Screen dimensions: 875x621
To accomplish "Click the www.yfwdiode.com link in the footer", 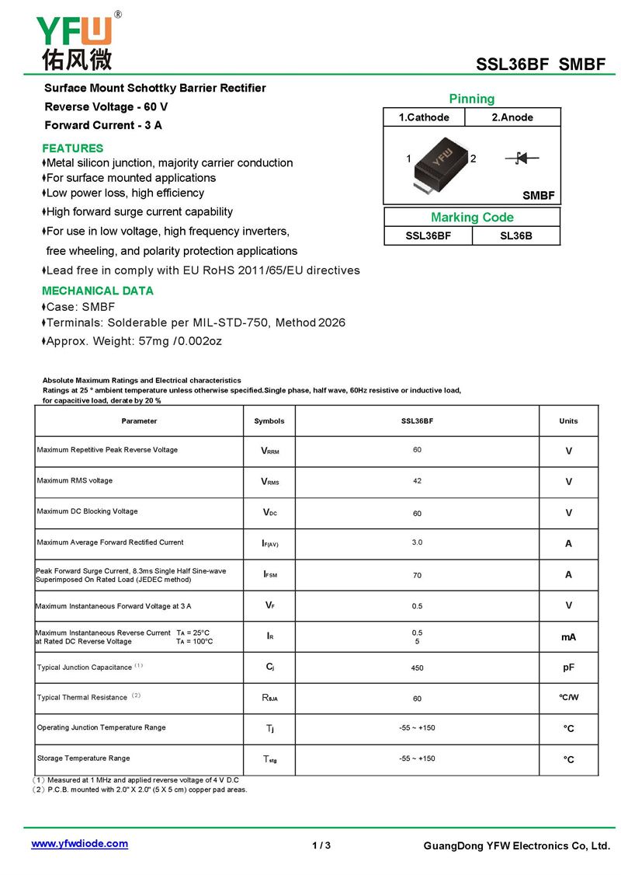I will click(79, 844).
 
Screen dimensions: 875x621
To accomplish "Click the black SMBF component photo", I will click(440, 164).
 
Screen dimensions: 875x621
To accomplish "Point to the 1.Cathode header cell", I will click(424, 117).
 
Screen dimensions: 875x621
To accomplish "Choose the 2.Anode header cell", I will click(512, 117).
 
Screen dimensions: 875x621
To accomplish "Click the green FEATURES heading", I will click(72, 148).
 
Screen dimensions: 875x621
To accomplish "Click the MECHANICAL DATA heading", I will click(97, 291).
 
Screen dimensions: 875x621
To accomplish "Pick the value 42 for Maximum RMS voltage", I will click(417, 481).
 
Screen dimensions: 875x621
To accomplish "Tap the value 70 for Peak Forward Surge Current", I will click(417, 576).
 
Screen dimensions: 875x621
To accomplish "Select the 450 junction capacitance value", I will click(417, 668).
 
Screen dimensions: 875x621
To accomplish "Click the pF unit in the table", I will click(568, 668).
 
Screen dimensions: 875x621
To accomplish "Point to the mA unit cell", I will click(568, 637).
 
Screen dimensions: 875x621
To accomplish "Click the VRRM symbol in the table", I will click(269, 451).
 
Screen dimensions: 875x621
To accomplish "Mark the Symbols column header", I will click(269, 421).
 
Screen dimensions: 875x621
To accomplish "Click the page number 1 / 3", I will click(321, 845).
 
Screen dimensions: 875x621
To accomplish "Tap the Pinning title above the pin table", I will click(471, 99).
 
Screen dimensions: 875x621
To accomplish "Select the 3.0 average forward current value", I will click(417, 542).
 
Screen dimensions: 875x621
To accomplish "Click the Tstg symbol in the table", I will click(269, 759).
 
